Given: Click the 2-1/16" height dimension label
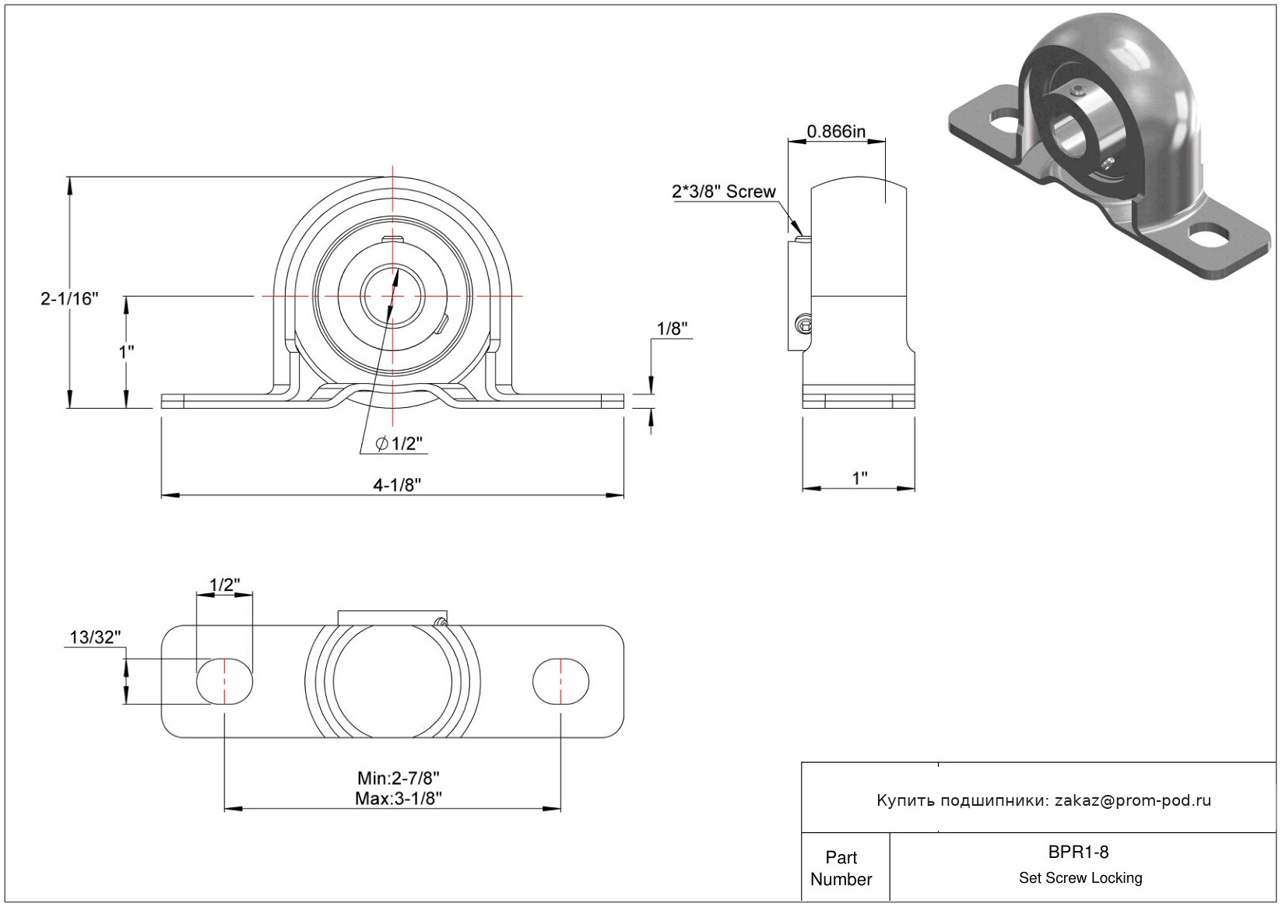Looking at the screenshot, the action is [69, 298].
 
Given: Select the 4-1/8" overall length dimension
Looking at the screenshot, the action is [397, 485].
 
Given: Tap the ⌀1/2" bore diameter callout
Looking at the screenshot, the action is [399, 443].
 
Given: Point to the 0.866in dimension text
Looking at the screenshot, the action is [836, 132].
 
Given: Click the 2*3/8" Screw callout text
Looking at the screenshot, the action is [724, 192].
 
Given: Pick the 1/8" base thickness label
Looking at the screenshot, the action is [672, 329].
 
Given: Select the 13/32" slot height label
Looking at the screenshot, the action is [95, 638].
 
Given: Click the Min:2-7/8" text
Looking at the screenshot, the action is [399, 779].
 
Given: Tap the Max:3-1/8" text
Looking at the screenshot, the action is [399, 798].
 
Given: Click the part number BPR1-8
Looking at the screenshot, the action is [1078, 852].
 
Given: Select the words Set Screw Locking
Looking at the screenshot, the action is [1080, 877].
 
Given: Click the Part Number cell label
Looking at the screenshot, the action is [841, 868].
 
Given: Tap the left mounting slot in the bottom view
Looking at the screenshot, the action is [224, 680].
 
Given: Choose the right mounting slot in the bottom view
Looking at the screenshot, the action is [560, 680].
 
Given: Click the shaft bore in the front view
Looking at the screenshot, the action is [392, 296].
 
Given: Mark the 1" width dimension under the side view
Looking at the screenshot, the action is [859, 478].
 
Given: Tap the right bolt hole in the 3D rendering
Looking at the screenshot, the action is [1208, 235].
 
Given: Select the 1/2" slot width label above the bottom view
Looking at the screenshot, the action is [224, 585].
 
